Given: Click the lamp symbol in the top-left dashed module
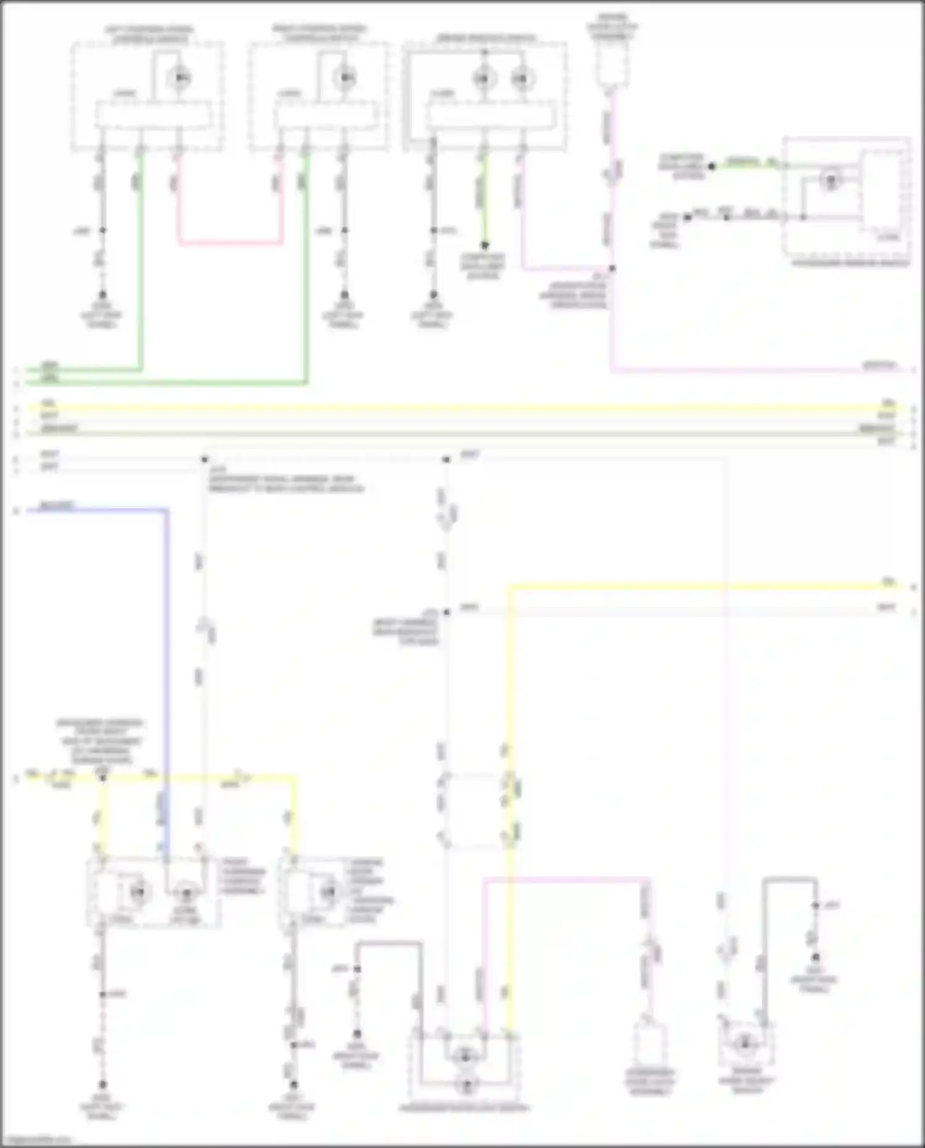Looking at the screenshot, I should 179,78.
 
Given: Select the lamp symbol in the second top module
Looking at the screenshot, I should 345,78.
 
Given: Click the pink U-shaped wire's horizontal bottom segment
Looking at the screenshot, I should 230,243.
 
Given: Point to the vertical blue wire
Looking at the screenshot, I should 166,648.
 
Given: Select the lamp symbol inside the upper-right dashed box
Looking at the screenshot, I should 831,181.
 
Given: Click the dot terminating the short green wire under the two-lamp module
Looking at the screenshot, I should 485,245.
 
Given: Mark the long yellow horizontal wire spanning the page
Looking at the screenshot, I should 462,408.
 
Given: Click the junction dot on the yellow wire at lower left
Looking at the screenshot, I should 103,778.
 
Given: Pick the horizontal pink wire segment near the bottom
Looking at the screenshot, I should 564,879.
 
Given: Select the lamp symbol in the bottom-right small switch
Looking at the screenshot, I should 744,1043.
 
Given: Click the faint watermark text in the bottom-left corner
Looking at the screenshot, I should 37,1141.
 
